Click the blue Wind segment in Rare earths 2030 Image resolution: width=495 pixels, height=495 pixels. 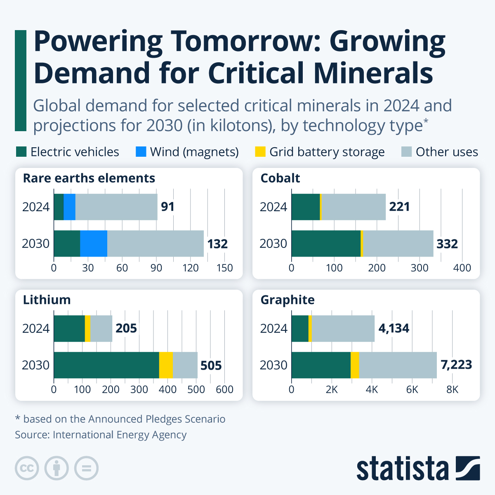coord(94,244)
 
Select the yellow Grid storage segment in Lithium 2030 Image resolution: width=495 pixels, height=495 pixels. coord(166,365)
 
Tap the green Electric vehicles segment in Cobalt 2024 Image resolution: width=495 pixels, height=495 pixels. coord(305,207)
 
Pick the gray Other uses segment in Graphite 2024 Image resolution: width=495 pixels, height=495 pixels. coord(343,328)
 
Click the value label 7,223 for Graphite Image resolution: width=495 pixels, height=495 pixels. coord(456,365)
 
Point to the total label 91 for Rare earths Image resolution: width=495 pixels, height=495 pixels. coord(167,206)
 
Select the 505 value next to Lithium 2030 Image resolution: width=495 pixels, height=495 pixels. coord(211,365)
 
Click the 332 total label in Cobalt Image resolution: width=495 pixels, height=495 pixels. coord(447,244)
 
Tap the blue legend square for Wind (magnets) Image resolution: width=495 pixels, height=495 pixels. coord(141,152)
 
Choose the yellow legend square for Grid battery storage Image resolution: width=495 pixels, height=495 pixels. coord(260,152)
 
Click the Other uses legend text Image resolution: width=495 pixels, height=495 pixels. coord(447,152)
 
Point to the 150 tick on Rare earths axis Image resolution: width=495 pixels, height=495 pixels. coord(224,268)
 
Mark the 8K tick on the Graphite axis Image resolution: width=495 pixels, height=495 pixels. coord(452,389)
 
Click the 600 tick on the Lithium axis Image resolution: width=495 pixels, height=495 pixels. coord(224,389)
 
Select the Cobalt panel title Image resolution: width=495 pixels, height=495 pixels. coord(280,178)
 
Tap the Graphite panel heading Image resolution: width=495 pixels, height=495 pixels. coord(288,300)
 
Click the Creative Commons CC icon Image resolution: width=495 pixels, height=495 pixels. coord(27,468)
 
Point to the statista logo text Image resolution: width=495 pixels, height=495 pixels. coord(402,469)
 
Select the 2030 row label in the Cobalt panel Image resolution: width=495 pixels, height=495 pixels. coord(273,244)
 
